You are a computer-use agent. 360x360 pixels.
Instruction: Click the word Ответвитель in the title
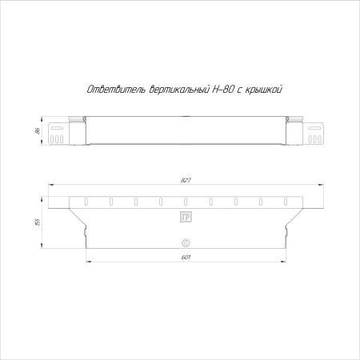click(116, 90)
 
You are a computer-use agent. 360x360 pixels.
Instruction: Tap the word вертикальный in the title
click(178, 90)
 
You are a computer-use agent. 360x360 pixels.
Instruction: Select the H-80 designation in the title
click(223, 90)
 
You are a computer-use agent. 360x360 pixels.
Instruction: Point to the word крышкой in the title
click(263, 90)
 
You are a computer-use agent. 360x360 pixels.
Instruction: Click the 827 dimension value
click(186, 180)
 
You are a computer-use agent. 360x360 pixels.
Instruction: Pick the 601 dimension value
click(186, 258)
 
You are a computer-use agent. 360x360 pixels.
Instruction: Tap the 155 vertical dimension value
click(38, 222)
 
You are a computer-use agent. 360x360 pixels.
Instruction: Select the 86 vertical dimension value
click(38, 130)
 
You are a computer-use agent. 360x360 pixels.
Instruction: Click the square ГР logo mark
click(186, 217)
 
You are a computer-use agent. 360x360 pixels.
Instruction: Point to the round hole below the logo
click(186, 243)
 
